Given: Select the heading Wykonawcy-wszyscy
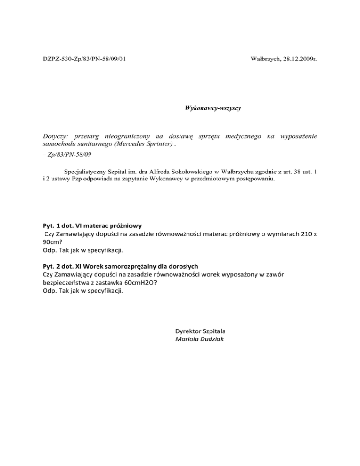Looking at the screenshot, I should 213,108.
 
